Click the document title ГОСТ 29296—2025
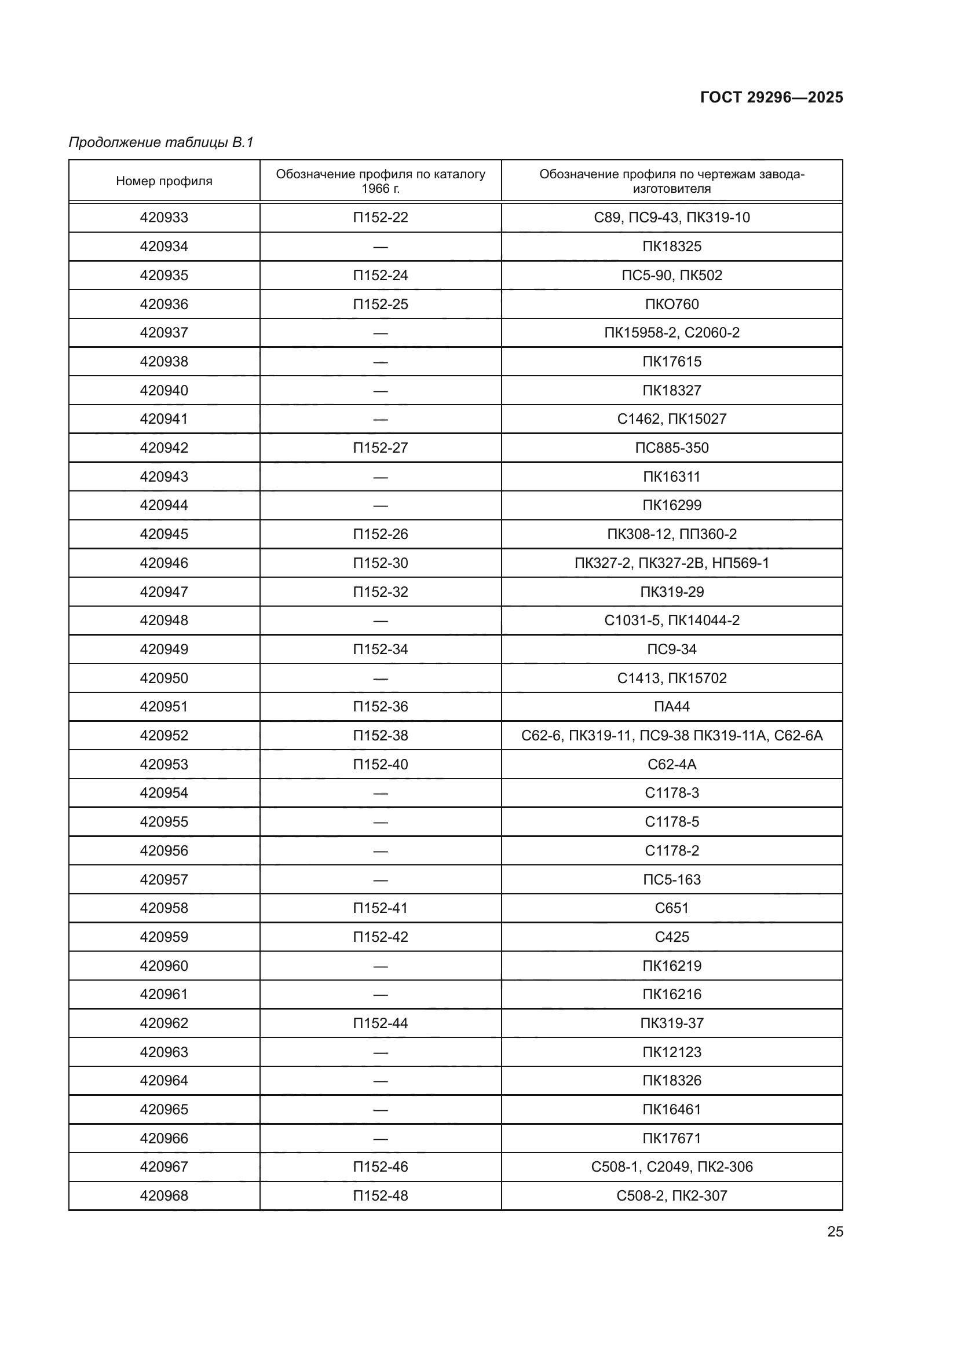[771, 97]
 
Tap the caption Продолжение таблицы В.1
[161, 142]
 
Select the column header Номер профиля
[164, 181]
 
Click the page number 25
[835, 1231]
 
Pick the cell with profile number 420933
[164, 218]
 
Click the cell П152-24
[381, 276]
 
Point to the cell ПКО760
[672, 304]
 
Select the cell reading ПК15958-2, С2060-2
[672, 333]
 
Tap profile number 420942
[164, 447]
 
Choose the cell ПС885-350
[672, 447]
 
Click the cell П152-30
[381, 563]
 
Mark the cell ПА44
[672, 706]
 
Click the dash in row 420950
[381, 678]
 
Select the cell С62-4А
[672, 764]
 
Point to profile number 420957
[164, 879]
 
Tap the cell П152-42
[381, 937]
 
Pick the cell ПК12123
[672, 1052]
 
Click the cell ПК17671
[672, 1138]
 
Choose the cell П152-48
[381, 1195]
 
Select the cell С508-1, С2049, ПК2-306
[672, 1166]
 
